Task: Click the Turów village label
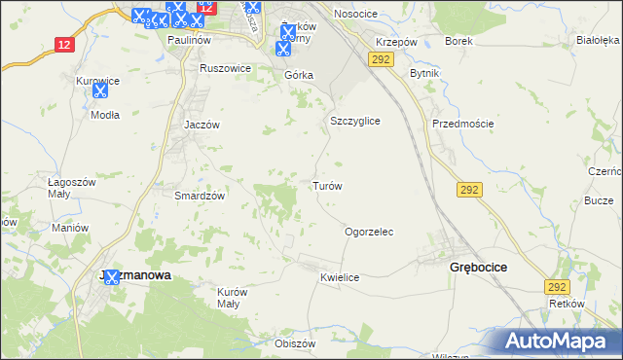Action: (326, 186)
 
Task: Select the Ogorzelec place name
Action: (369, 233)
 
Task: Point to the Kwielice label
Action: (340, 278)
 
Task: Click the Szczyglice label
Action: (354, 121)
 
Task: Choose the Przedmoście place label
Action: (463, 124)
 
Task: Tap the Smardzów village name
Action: (200, 196)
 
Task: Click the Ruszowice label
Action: (225, 69)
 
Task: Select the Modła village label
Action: (104, 114)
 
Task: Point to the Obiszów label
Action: (296, 344)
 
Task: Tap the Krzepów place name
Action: (396, 44)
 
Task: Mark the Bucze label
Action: (597, 200)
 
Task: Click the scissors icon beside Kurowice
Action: (99, 90)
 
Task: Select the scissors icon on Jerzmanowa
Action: (111, 277)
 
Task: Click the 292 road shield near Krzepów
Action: (380, 60)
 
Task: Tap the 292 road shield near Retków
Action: (556, 287)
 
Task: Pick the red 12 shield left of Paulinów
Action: (64, 45)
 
